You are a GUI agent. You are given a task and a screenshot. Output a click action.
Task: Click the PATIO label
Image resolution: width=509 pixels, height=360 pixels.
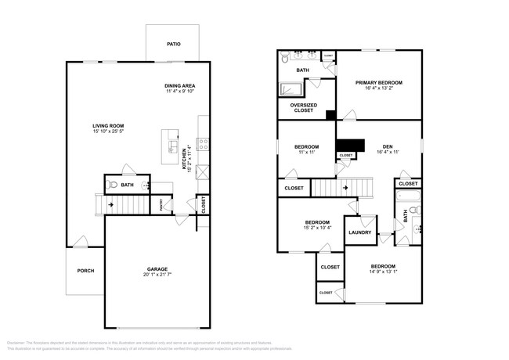click(174, 45)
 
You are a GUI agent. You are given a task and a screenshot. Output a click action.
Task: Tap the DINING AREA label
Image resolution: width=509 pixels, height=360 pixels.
click(179, 85)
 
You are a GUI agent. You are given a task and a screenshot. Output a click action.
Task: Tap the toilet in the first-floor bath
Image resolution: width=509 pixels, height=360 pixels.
click(114, 185)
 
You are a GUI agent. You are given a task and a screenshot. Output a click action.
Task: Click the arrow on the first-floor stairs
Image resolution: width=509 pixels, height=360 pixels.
click(110, 205)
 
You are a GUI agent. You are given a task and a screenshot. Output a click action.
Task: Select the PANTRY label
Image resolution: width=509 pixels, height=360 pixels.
click(161, 205)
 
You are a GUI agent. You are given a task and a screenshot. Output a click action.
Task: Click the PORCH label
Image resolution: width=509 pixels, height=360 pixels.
click(85, 271)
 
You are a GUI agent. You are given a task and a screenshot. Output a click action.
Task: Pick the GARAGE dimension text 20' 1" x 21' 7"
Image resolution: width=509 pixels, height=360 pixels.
click(157, 275)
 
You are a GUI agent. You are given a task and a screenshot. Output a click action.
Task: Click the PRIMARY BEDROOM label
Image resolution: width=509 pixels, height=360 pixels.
click(378, 82)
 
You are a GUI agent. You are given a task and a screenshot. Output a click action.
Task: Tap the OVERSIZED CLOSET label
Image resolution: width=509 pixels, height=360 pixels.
click(302, 107)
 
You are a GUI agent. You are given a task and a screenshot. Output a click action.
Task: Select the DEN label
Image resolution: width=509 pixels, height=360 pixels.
click(387, 146)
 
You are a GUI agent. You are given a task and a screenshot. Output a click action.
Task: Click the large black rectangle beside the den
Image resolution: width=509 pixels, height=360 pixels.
click(351, 145)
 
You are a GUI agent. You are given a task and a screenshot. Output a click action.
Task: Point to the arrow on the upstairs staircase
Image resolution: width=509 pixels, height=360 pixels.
click(343, 188)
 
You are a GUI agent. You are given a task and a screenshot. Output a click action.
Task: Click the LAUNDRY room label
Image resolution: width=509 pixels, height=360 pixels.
click(359, 232)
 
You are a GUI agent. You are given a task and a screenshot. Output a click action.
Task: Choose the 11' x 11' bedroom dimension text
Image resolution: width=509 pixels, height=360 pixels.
click(306, 153)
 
